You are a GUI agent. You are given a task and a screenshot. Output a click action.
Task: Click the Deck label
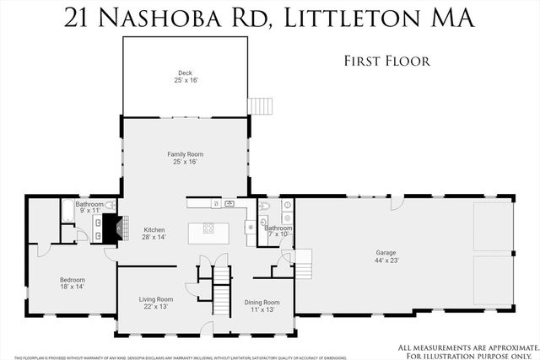click(x=185, y=73)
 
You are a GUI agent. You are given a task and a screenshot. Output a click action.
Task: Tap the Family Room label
click(x=185, y=154)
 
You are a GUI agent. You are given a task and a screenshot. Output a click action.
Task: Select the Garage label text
click(x=386, y=252)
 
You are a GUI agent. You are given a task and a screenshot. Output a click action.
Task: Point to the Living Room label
click(x=156, y=298)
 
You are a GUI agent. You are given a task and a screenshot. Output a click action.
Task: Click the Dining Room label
click(x=262, y=302)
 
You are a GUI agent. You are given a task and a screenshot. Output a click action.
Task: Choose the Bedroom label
click(x=72, y=280)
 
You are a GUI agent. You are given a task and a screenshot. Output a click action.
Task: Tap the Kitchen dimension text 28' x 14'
click(x=154, y=238)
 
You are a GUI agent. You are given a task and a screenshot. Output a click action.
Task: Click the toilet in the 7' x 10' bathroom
click(x=264, y=207)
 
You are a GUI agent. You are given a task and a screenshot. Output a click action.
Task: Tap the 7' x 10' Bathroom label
click(x=278, y=228)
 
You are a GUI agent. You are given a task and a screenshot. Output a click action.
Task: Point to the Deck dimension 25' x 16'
click(x=185, y=80)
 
